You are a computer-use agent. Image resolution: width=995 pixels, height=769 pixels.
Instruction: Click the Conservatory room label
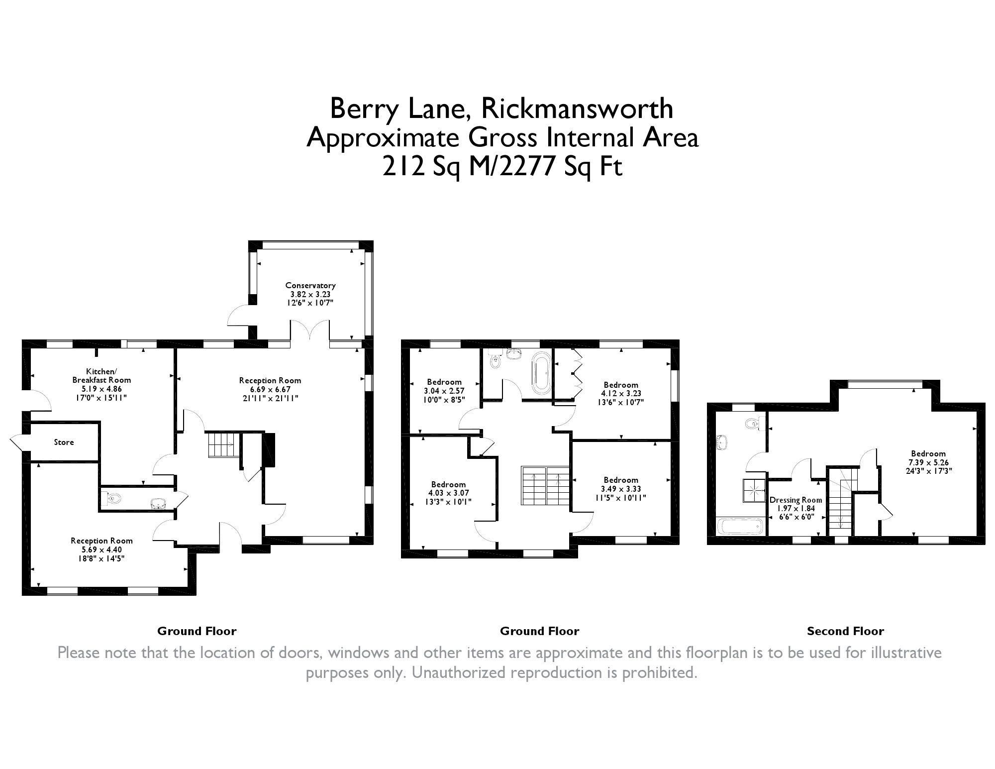tap(310, 285)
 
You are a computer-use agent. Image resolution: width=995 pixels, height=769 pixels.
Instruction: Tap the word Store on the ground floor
tap(64, 442)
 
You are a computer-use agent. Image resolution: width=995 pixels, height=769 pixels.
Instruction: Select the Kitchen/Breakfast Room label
tap(101, 375)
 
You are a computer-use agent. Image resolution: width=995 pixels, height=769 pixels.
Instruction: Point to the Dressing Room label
tap(796, 500)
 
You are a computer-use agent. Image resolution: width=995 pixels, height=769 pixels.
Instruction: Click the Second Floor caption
tap(845, 631)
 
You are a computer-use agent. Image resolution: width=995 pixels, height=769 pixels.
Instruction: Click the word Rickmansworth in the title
tap(577, 109)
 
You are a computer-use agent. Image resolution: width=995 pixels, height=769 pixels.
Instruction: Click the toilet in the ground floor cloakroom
tap(110, 498)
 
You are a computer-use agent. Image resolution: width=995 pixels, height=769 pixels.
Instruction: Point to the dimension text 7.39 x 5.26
tap(928, 462)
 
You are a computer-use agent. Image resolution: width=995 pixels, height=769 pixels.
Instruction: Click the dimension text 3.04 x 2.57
tap(444, 391)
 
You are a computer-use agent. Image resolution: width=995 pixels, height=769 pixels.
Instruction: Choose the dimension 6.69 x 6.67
tap(270, 389)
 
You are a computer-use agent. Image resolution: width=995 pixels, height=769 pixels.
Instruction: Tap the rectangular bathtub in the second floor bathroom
tap(740, 526)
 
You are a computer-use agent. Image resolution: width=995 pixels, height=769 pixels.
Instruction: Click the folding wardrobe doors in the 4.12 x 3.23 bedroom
tap(577, 372)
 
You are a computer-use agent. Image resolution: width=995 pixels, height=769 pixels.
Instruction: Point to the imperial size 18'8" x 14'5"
tap(101, 558)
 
